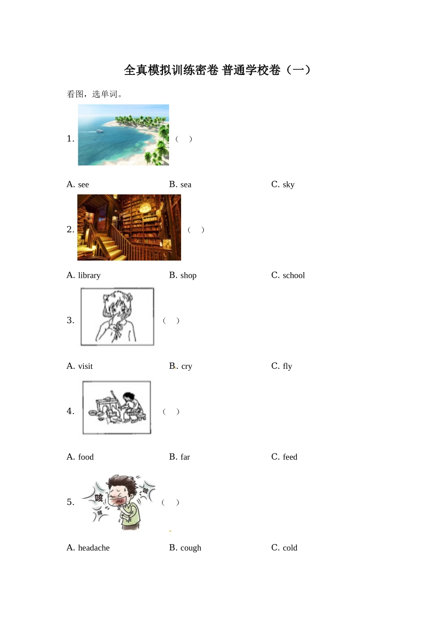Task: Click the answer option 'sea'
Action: (186, 185)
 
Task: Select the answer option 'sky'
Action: (288, 185)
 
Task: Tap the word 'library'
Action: (89, 275)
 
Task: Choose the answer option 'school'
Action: (294, 275)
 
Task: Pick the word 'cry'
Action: (187, 366)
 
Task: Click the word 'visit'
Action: (85, 366)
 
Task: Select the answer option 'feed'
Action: (290, 457)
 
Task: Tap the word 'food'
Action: (86, 457)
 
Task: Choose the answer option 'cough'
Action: (191, 547)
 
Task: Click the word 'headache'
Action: (94, 547)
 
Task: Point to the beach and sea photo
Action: (123, 135)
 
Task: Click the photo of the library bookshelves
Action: (129, 227)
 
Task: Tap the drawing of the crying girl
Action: (117, 317)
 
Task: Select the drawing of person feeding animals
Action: (117, 407)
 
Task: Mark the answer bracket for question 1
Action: (184, 139)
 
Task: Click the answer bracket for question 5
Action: (170, 502)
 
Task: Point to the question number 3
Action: (70, 320)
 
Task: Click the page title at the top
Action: (217, 70)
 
